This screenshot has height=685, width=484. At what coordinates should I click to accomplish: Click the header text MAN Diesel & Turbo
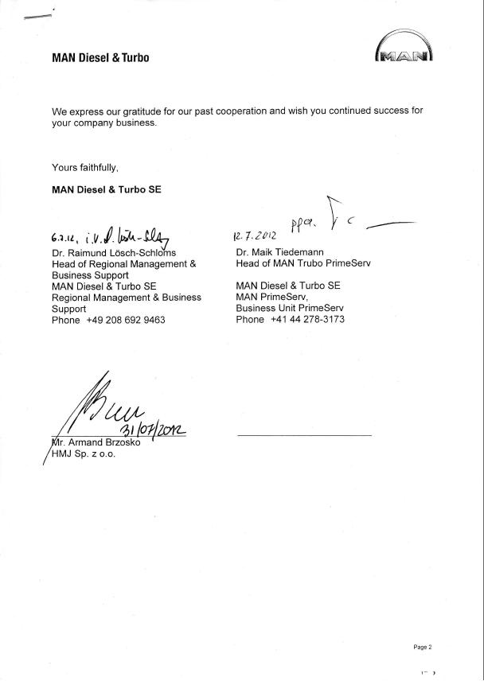100,57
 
